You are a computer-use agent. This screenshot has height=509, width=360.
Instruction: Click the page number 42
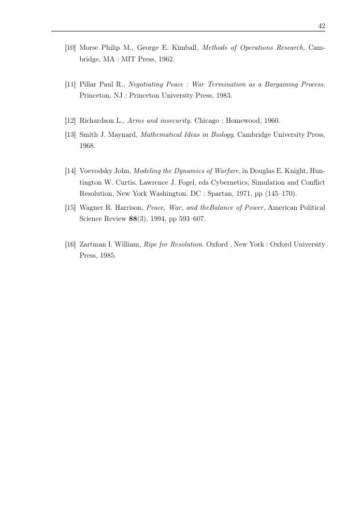pos(321,26)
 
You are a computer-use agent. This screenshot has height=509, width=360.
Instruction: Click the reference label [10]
pos(71,48)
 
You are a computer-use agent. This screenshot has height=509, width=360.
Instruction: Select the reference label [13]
pos(71,134)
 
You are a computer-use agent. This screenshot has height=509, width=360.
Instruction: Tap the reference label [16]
pos(71,245)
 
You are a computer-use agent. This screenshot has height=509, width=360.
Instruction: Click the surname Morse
pos(88,48)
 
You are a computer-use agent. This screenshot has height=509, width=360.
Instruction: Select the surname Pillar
pos(88,85)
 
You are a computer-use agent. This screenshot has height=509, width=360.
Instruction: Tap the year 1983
pos(223,96)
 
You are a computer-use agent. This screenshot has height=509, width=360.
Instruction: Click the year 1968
pos(87,145)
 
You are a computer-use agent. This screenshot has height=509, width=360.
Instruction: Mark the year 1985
pos(107,256)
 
